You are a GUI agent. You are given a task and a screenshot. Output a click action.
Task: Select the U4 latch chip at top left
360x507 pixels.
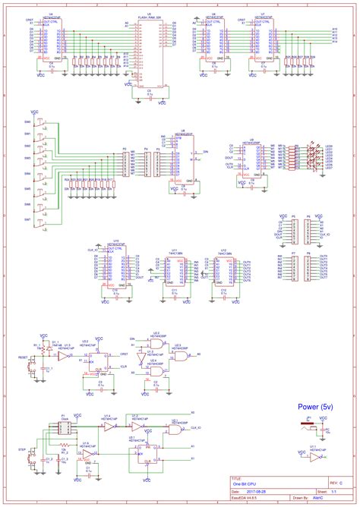[x=50, y=36]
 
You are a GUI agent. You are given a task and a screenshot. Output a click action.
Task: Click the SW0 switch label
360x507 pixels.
[x=27, y=122]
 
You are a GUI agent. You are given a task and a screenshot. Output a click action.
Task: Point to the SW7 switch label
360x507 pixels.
[x=27, y=220]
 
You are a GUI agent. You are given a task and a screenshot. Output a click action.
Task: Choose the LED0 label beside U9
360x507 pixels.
[x=329, y=146]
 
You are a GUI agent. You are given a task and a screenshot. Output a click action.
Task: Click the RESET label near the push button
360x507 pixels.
[x=22, y=355]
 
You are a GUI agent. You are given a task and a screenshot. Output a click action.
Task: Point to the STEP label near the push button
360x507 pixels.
[x=22, y=450]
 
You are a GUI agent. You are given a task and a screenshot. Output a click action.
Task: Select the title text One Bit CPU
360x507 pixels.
[x=245, y=483]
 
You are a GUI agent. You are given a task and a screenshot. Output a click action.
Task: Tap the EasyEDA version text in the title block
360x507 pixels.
[x=246, y=499]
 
